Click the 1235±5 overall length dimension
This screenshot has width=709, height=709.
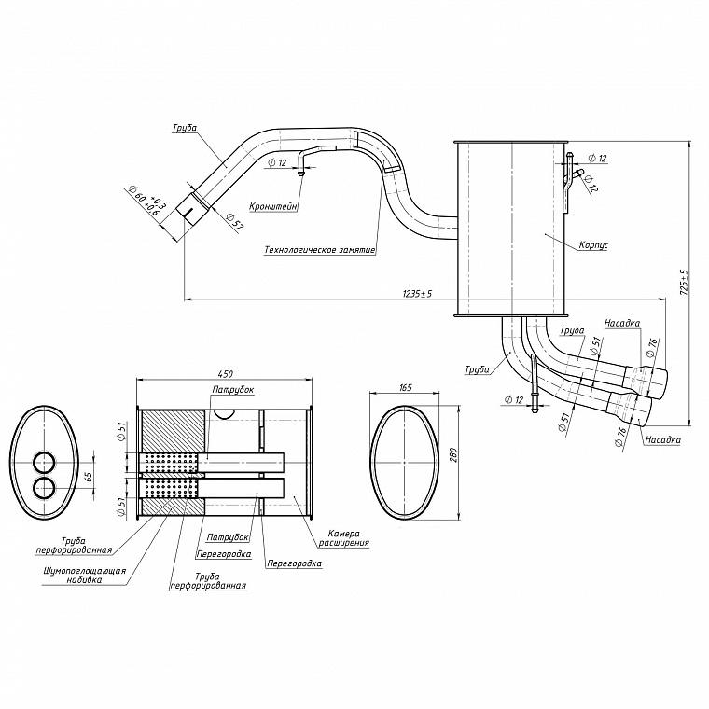pos(417,294)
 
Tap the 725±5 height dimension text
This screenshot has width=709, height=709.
pos(683,283)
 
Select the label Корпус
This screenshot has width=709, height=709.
pos(593,245)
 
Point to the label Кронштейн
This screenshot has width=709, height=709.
pos(273,207)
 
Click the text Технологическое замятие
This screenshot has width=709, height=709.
pos(320,250)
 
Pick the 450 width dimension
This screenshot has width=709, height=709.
pos(225,374)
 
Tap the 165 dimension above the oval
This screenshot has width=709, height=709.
pos(406,387)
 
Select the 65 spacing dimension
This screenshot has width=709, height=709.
pos(89,476)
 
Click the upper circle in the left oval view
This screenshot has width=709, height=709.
pos(45,462)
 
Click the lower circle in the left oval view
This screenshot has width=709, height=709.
pos(45,487)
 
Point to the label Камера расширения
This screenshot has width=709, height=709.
pos(343,538)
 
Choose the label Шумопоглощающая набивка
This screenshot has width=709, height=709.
pos(85,576)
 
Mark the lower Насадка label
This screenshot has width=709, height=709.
pos(662,439)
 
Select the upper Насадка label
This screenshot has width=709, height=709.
pos(622,323)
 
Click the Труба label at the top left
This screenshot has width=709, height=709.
pos(184,128)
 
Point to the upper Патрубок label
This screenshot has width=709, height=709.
pos(233,389)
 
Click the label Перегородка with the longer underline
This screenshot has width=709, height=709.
pos(295,563)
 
